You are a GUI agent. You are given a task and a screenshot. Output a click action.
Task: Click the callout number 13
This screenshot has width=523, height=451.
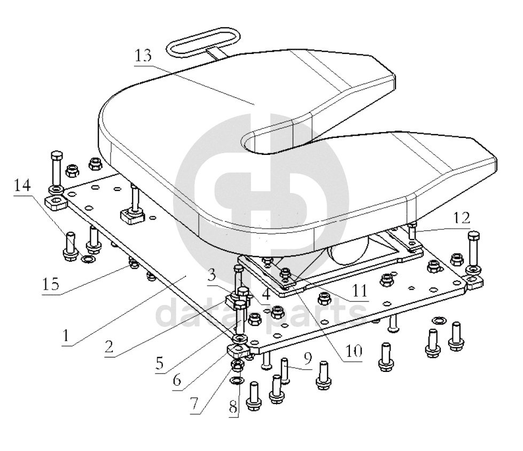coord(143,56)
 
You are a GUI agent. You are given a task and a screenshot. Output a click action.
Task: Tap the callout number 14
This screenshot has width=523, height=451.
coord(22,185)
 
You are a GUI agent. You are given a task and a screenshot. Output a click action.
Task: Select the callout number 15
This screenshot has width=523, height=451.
coord(51,284)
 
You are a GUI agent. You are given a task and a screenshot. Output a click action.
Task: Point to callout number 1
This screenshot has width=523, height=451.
coord(66,336)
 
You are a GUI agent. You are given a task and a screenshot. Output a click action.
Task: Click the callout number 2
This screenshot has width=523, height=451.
coord(109,346)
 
